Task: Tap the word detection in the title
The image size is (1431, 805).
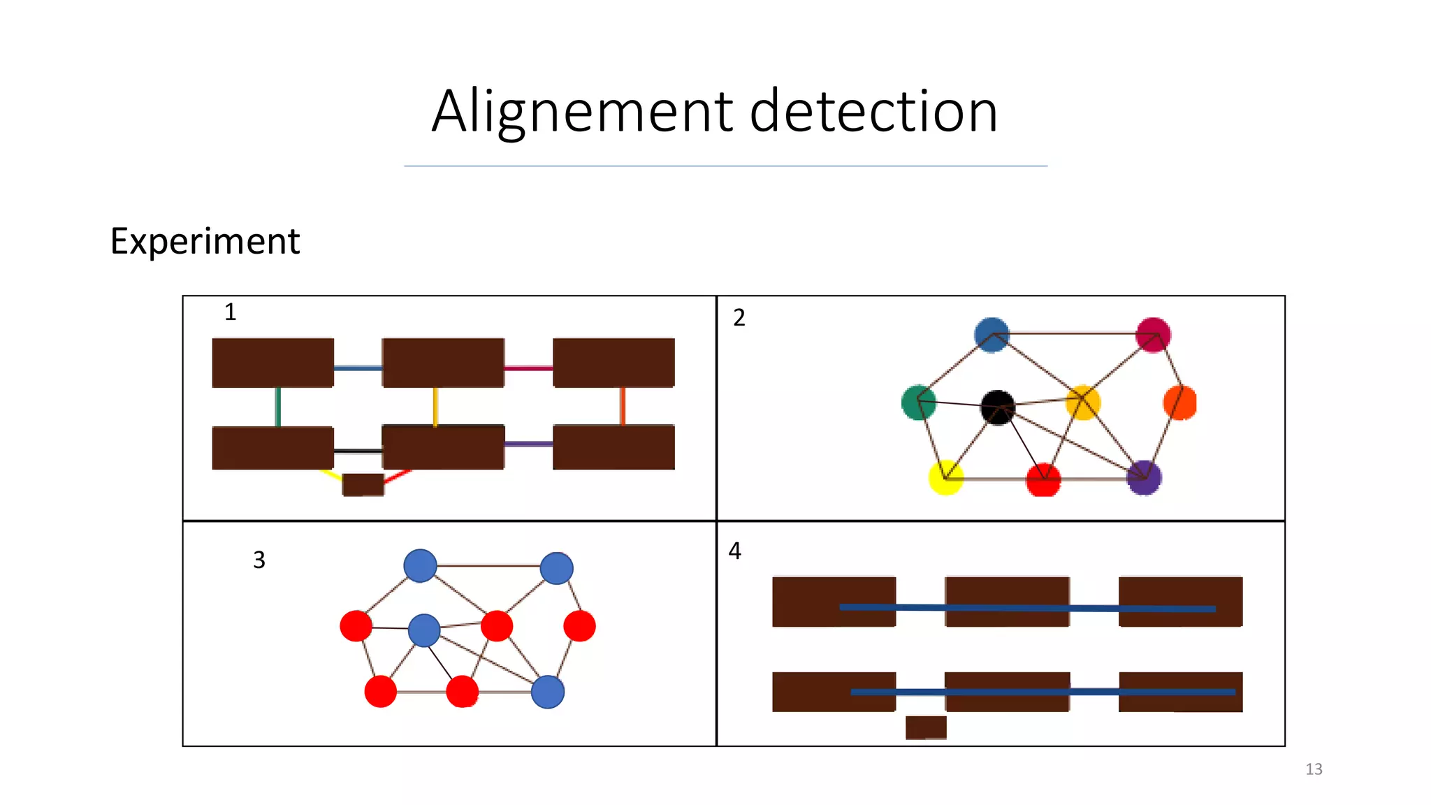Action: pyautogui.click(x=873, y=112)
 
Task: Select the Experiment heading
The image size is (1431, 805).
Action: pyautogui.click(x=205, y=242)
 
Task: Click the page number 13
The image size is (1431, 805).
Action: pyautogui.click(x=1314, y=769)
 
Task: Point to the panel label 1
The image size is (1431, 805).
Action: pyautogui.click(x=231, y=312)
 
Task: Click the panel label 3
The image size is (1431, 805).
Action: pyautogui.click(x=259, y=560)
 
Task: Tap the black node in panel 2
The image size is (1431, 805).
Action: pyautogui.click(x=997, y=407)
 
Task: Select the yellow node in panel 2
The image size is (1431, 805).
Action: pyautogui.click(x=945, y=478)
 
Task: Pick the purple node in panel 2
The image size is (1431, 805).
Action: pyautogui.click(x=1144, y=478)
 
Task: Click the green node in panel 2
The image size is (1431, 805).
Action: pyautogui.click(x=918, y=402)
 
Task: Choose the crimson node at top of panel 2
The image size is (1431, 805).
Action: pyautogui.click(x=1153, y=335)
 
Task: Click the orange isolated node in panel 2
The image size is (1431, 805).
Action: pyautogui.click(x=1180, y=402)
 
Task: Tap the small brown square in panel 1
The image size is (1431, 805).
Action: pyautogui.click(x=363, y=484)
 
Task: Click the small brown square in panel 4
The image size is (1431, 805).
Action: pyautogui.click(x=926, y=727)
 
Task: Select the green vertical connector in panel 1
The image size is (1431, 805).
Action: pyautogui.click(x=278, y=407)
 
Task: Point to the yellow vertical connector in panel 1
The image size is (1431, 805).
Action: pyautogui.click(x=435, y=406)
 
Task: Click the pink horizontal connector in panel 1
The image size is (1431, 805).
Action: pyautogui.click(x=528, y=368)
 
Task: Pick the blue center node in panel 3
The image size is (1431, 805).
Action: pyautogui.click(x=423, y=630)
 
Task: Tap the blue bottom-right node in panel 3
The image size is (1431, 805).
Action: pyautogui.click(x=547, y=692)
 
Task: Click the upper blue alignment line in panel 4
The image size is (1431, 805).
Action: pyautogui.click(x=1027, y=608)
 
